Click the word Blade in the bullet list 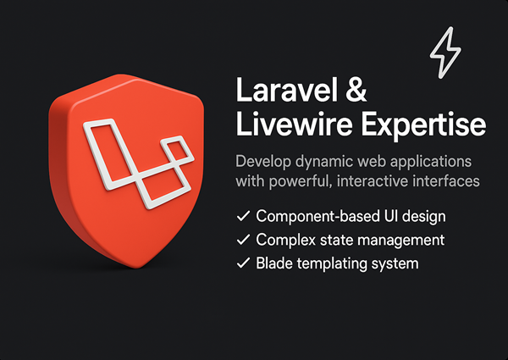275,263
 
